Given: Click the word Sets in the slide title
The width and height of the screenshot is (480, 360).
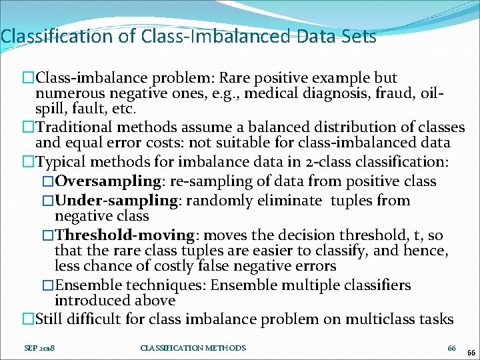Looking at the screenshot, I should (x=359, y=36).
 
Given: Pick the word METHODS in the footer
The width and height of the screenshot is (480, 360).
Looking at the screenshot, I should (x=225, y=347).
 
